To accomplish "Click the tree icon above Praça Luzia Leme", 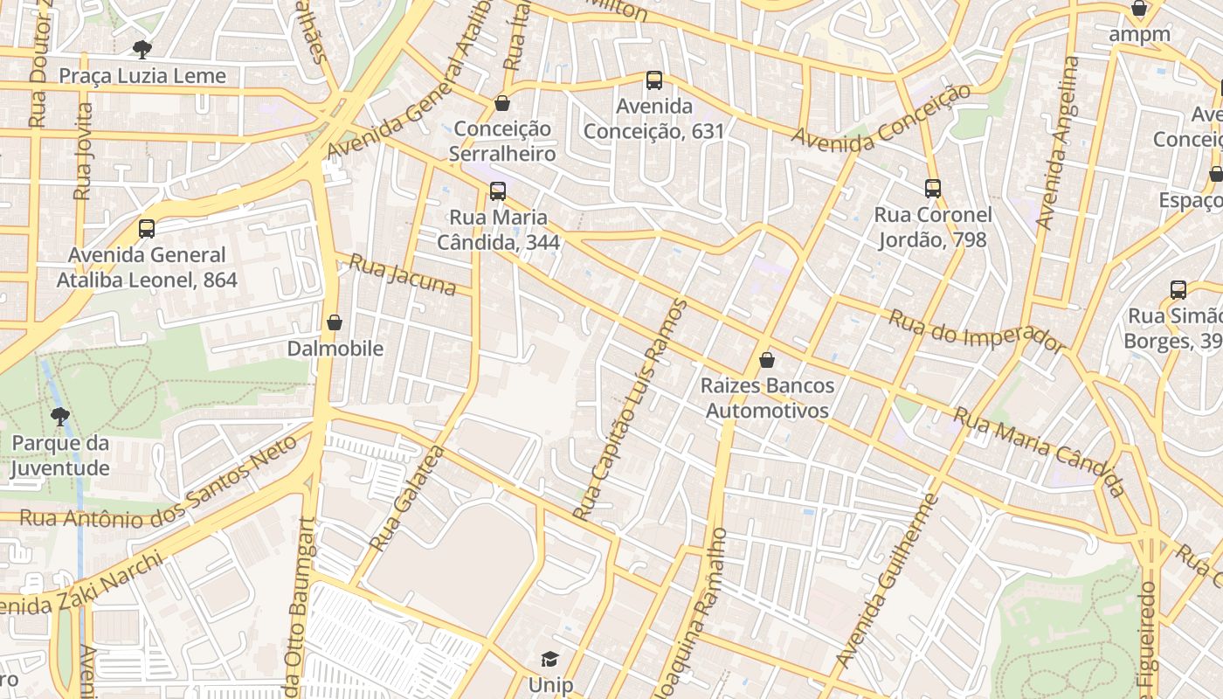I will coord(142,49).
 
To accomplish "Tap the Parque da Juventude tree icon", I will coord(59,416).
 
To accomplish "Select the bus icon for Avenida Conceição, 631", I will coord(653,80).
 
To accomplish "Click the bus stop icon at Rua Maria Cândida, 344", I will coord(497,190).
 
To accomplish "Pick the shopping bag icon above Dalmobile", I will coord(334,322).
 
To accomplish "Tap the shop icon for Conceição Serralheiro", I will coord(502,103).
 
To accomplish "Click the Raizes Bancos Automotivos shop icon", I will coord(767,359).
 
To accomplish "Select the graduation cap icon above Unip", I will coord(549,659).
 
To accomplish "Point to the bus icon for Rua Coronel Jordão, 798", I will coord(933,188).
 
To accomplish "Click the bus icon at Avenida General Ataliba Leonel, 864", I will coord(147,229).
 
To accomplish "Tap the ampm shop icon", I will coord(1139,10).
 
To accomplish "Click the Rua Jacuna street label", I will coord(403,274).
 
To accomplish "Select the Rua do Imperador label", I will coord(977,331).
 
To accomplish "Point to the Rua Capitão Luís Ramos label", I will coord(631,409).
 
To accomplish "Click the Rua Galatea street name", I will coord(407,499).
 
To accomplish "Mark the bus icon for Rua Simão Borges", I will coord(1178,290).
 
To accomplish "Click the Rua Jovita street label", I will coord(83,151).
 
